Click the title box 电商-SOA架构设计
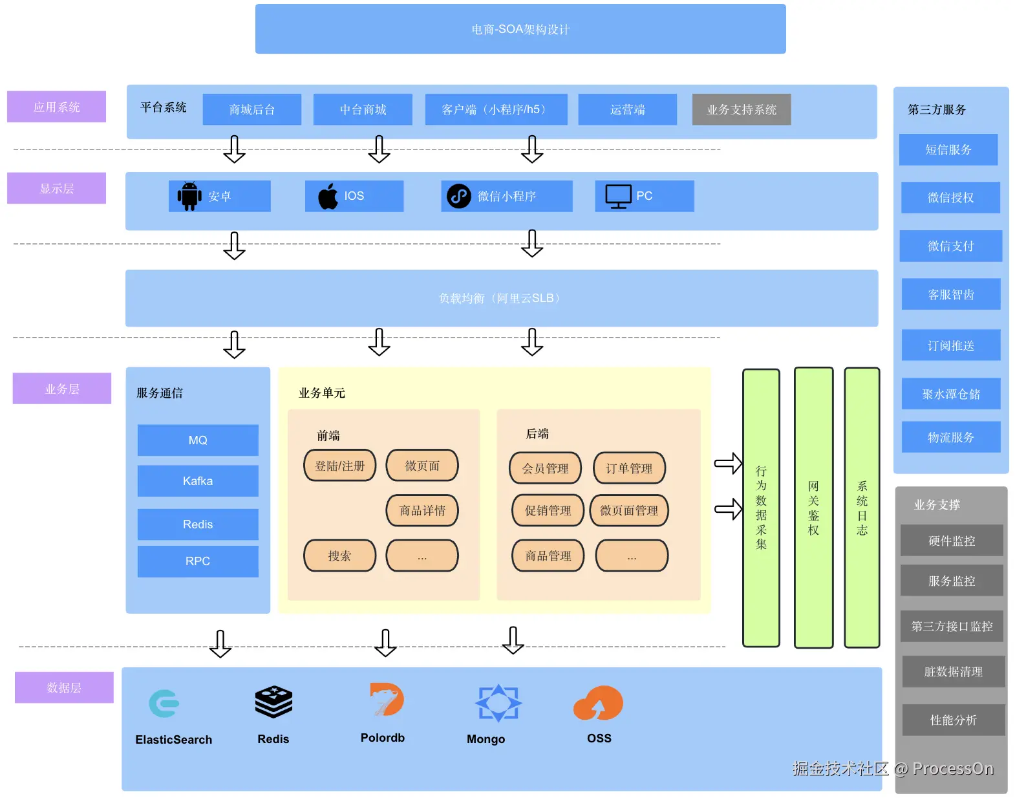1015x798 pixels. point(520,29)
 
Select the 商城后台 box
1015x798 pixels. point(251,109)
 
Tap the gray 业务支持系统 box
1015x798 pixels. point(742,109)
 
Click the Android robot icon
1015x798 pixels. point(189,196)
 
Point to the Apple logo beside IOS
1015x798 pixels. point(328,196)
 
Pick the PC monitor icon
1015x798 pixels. point(619,196)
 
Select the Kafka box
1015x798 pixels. point(198,480)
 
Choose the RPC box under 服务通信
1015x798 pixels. point(198,561)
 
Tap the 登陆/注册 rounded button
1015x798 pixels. point(339,466)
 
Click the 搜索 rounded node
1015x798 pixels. point(339,555)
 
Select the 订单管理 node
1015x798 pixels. point(628,468)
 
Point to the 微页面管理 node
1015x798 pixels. point(628,510)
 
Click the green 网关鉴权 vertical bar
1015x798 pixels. point(813,508)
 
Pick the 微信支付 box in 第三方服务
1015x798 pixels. point(950,246)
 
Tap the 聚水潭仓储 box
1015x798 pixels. point(950,394)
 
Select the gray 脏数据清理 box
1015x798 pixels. point(953,671)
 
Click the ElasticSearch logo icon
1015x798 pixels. point(164,703)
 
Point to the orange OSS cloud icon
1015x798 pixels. point(598,703)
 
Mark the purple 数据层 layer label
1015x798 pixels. point(64,687)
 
